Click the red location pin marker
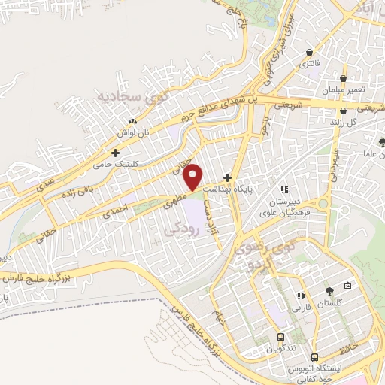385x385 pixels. pyautogui.click(x=194, y=176)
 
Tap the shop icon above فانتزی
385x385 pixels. pyautogui.click(x=310, y=52)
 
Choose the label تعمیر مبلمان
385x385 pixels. pyautogui.click(x=345, y=90)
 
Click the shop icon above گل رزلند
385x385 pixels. pyautogui.click(x=343, y=111)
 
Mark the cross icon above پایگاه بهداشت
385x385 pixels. pyautogui.click(x=227, y=176)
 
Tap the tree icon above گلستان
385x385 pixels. pyautogui.click(x=329, y=291)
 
